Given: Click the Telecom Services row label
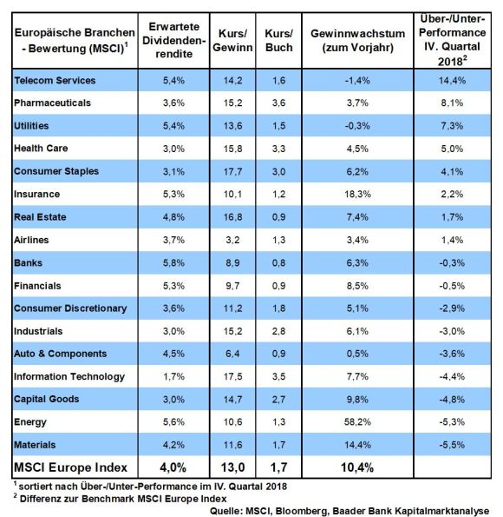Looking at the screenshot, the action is [x=55, y=81].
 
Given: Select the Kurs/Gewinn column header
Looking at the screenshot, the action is [x=232, y=41].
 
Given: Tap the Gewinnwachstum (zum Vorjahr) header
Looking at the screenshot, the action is [x=357, y=41].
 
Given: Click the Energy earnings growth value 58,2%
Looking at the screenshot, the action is [x=357, y=421].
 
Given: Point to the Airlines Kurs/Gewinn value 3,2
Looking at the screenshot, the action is [x=232, y=240].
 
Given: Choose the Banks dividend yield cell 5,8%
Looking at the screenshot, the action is [x=173, y=262].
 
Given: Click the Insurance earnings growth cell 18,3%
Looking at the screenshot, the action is [x=357, y=194].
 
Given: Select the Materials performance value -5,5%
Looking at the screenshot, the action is [x=452, y=445].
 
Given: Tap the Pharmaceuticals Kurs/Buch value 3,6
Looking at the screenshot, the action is [x=279, y=103].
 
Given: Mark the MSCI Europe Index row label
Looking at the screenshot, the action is [x=70, y=467].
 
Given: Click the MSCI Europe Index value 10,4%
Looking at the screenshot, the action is [x=357, y=467].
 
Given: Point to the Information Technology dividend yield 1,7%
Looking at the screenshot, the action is [x=173, y=376].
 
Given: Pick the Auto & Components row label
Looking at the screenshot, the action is [x=60, y=354].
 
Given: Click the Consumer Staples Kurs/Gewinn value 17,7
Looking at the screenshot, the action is [x=232, y=171].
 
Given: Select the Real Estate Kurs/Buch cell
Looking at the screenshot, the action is [x=279, y=217].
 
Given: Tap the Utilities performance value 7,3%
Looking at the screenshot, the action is [x=452, y=126].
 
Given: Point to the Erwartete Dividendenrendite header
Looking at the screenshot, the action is [x=173, y=40].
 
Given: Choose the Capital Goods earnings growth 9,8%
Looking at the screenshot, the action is [x=357, y=400].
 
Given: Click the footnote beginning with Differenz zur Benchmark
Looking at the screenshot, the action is [x=121, y=499].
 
